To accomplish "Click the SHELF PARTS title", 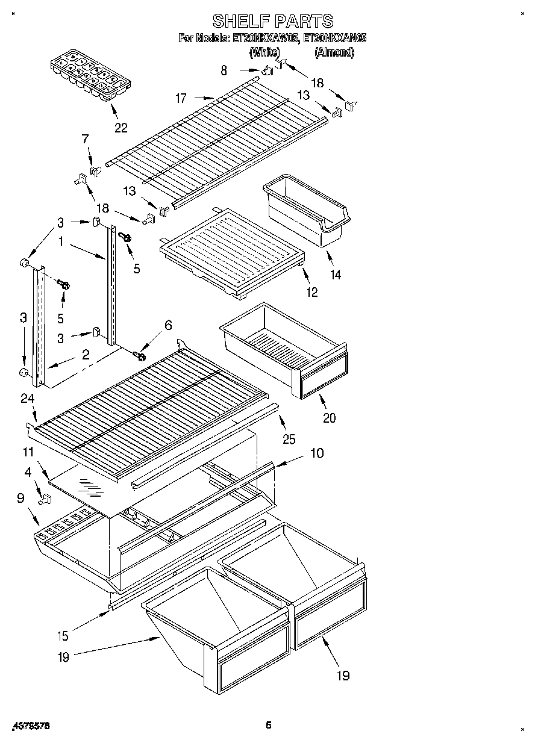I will (273, 22).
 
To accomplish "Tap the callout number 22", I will (121, 128).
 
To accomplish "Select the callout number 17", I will (181, 98).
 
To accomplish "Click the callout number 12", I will (312, 292).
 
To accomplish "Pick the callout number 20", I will (329, 418).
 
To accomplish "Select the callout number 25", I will (289, 439).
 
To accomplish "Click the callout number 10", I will (317, 452).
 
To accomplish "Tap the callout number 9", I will (22, 498).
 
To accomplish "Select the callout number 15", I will (63, 635).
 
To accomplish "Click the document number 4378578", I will (30, 727).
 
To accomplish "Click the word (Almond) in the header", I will (334, 52).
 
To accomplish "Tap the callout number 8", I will (224, 70).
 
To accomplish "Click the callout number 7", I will (85, 140).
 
